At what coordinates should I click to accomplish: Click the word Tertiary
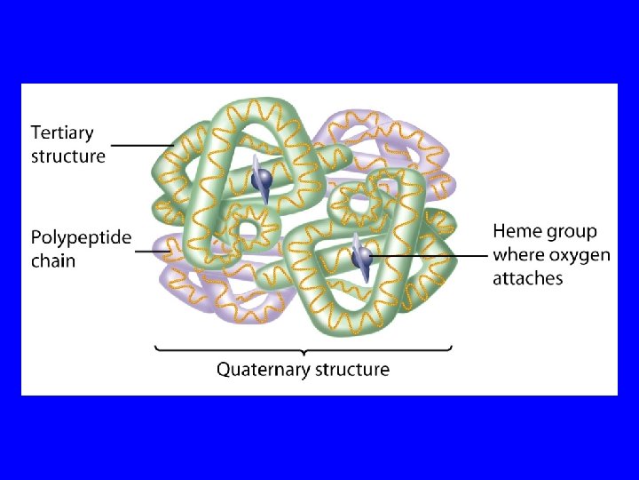pos(62,133)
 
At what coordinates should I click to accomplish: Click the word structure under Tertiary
pos(68,156)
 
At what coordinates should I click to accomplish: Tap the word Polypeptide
pos(81,238)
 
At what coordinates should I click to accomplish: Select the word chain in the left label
pos(53,261)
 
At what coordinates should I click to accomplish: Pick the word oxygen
pos(580,255)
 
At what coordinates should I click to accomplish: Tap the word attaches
pos(528,278)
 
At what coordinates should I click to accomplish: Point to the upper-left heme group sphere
pos(263,180)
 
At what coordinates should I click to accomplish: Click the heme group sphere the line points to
pos(361,257)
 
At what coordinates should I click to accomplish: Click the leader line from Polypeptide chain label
pos(153,251)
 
